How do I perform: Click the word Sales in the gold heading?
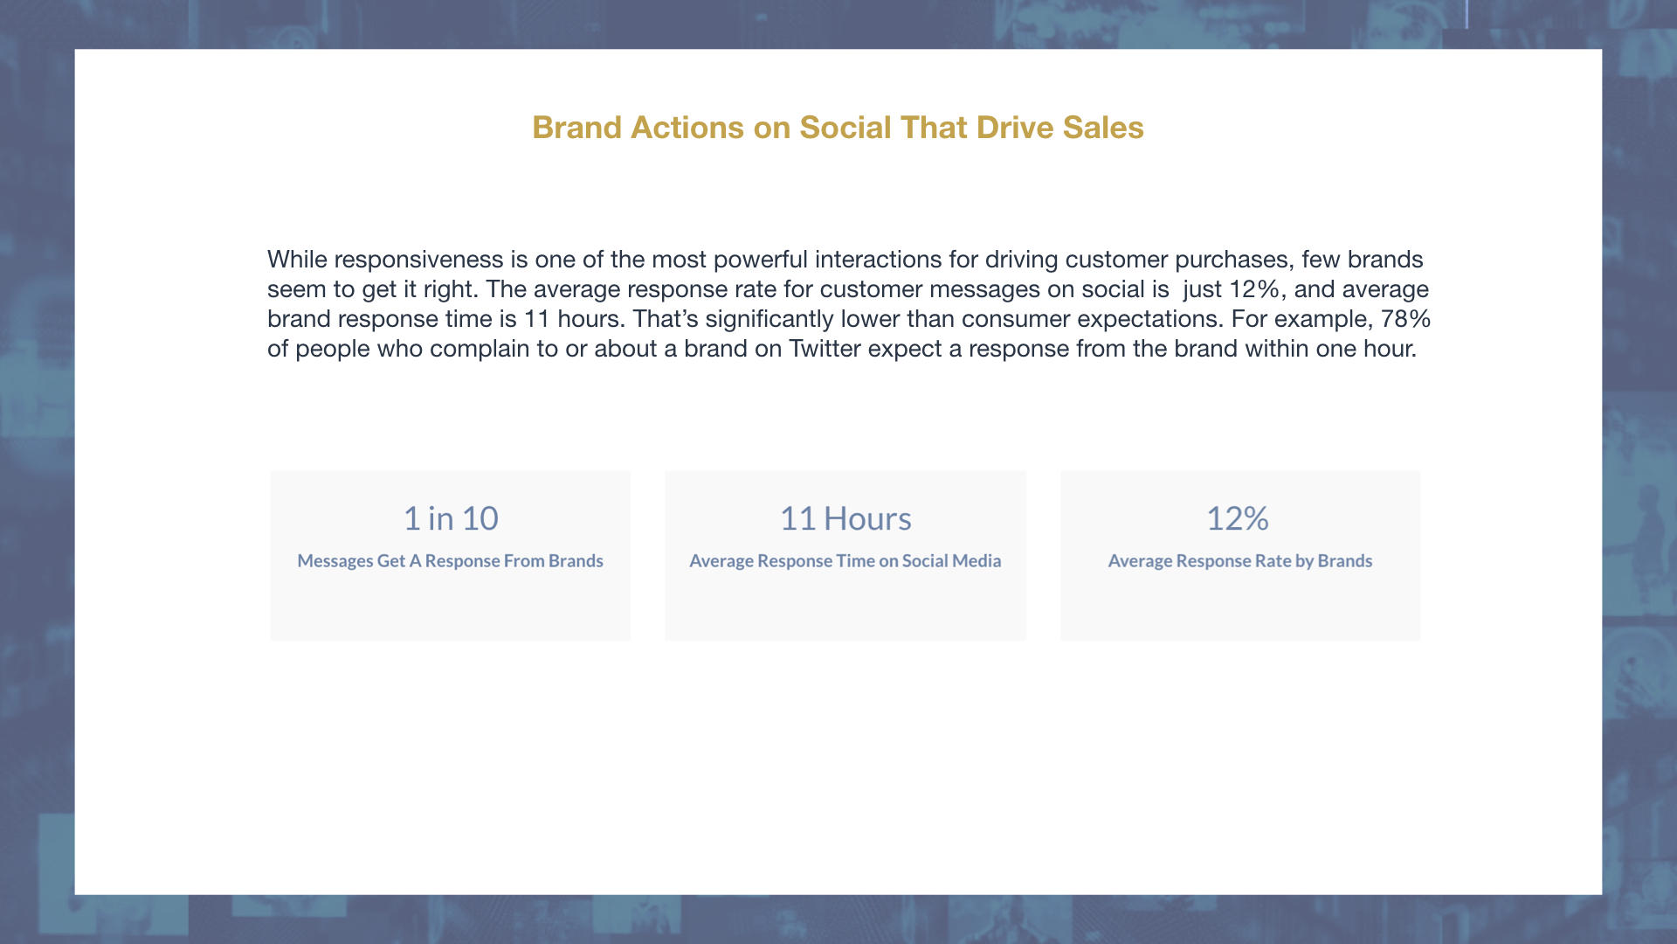(x=1103, y=128)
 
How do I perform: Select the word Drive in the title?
(x=1015, y=128)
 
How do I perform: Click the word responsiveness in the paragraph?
(x=418, y=260)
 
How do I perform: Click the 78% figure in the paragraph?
(x=1405, y=319)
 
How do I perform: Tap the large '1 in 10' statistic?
(x=451, y=519)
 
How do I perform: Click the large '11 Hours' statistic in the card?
(x=845, y=519)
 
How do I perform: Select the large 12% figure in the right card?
(x=1238, y=519)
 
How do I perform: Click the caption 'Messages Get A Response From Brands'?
(x=450, y=561)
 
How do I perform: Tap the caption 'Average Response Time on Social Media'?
(x=845, y=561)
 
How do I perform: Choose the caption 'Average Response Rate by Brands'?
(x=1240, y=561)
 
